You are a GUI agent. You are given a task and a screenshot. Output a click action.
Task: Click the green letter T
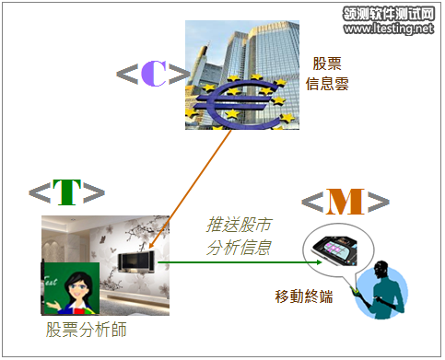click(x=66, y=191)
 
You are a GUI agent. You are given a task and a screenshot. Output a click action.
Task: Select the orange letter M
click(x=339, y=202)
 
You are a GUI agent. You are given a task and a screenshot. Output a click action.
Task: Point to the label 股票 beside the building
click(x=328, y=64)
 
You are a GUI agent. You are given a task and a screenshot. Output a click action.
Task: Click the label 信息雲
click(x=328, y=85)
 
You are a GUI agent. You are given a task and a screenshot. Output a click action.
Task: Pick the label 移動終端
click(x=304, y=296)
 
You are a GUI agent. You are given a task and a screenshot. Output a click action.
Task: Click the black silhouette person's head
click(x=383, y=273)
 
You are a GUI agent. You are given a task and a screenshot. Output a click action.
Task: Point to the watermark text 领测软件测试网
click(x=387, y=13)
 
